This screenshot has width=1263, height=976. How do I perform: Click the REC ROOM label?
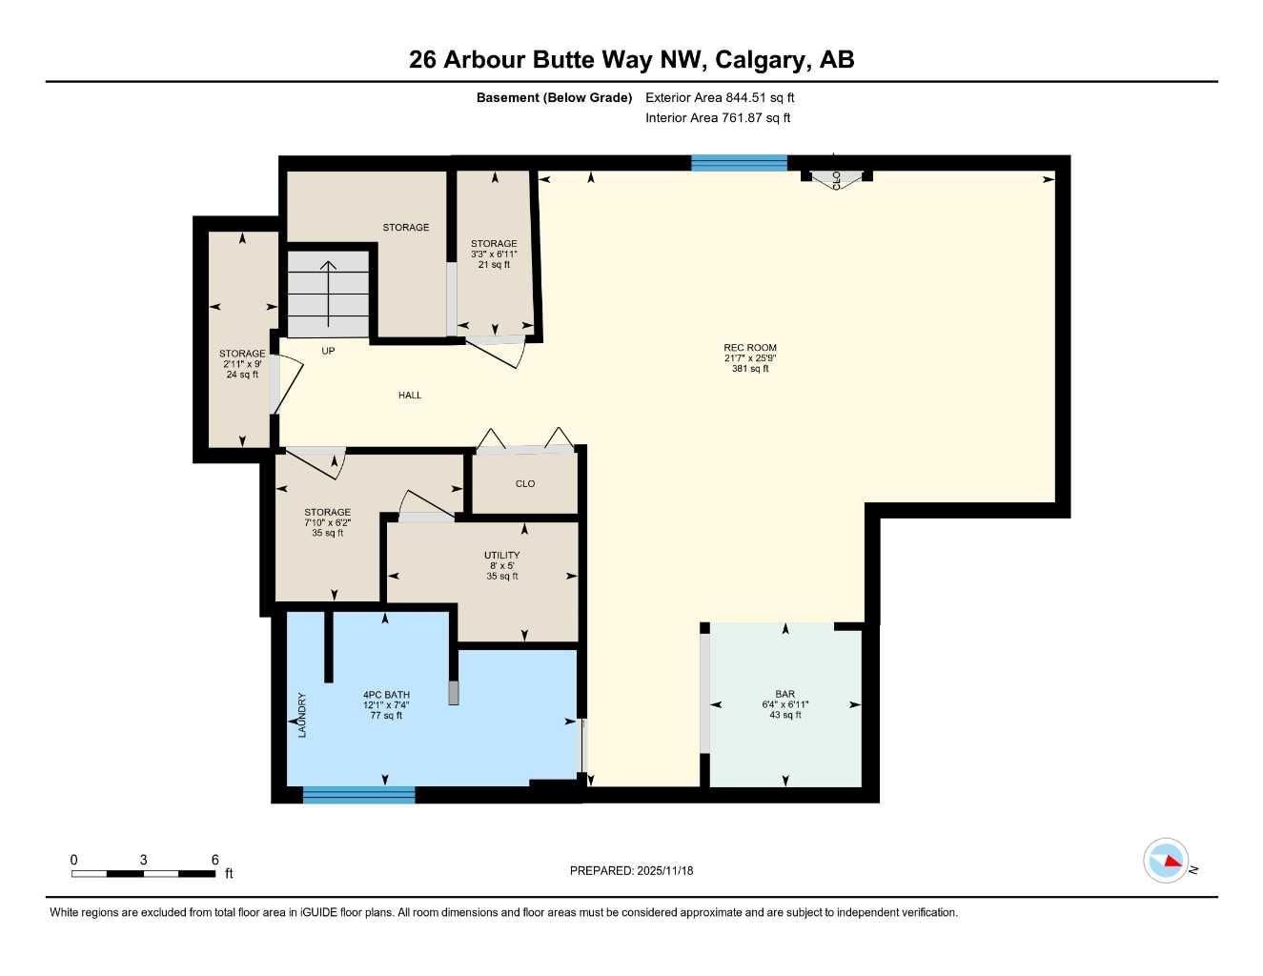tap(750, 348)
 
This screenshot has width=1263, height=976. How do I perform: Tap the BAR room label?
tap(784, 694)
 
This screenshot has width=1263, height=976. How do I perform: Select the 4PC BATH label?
tap(386, 695)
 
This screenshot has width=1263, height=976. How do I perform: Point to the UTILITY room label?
tap(501, 555)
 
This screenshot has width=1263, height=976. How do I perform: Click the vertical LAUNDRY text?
tap(302, 715)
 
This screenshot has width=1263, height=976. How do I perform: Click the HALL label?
tap(410, 395)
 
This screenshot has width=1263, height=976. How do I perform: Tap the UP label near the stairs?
tap(328, 351)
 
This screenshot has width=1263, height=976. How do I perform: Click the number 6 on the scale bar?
tap(214, 860)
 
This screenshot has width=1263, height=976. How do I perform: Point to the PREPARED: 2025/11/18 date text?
tap(631, 870)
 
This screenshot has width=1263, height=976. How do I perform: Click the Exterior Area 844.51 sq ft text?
tap(720, 97)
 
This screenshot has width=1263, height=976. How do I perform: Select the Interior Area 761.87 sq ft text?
tap(718, 118)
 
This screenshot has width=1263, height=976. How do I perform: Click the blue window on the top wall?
tap(740, 163)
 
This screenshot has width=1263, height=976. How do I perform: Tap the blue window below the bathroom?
tap(359, 795)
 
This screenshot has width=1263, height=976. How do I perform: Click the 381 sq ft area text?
tap(750, 369)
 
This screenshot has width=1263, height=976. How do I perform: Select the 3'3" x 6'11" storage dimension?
tap(494, 254)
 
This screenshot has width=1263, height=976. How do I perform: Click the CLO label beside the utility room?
tap(525, 483)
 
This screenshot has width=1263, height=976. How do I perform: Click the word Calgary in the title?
tap(760, 60)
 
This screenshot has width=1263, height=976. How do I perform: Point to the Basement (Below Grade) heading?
tap(554, 97)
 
